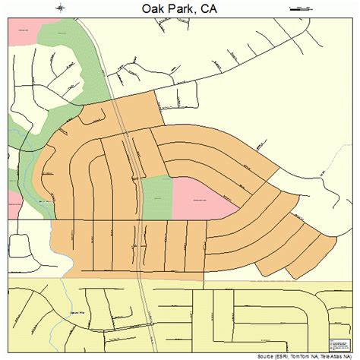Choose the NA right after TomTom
(311, 355)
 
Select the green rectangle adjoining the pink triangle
(156, 197)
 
